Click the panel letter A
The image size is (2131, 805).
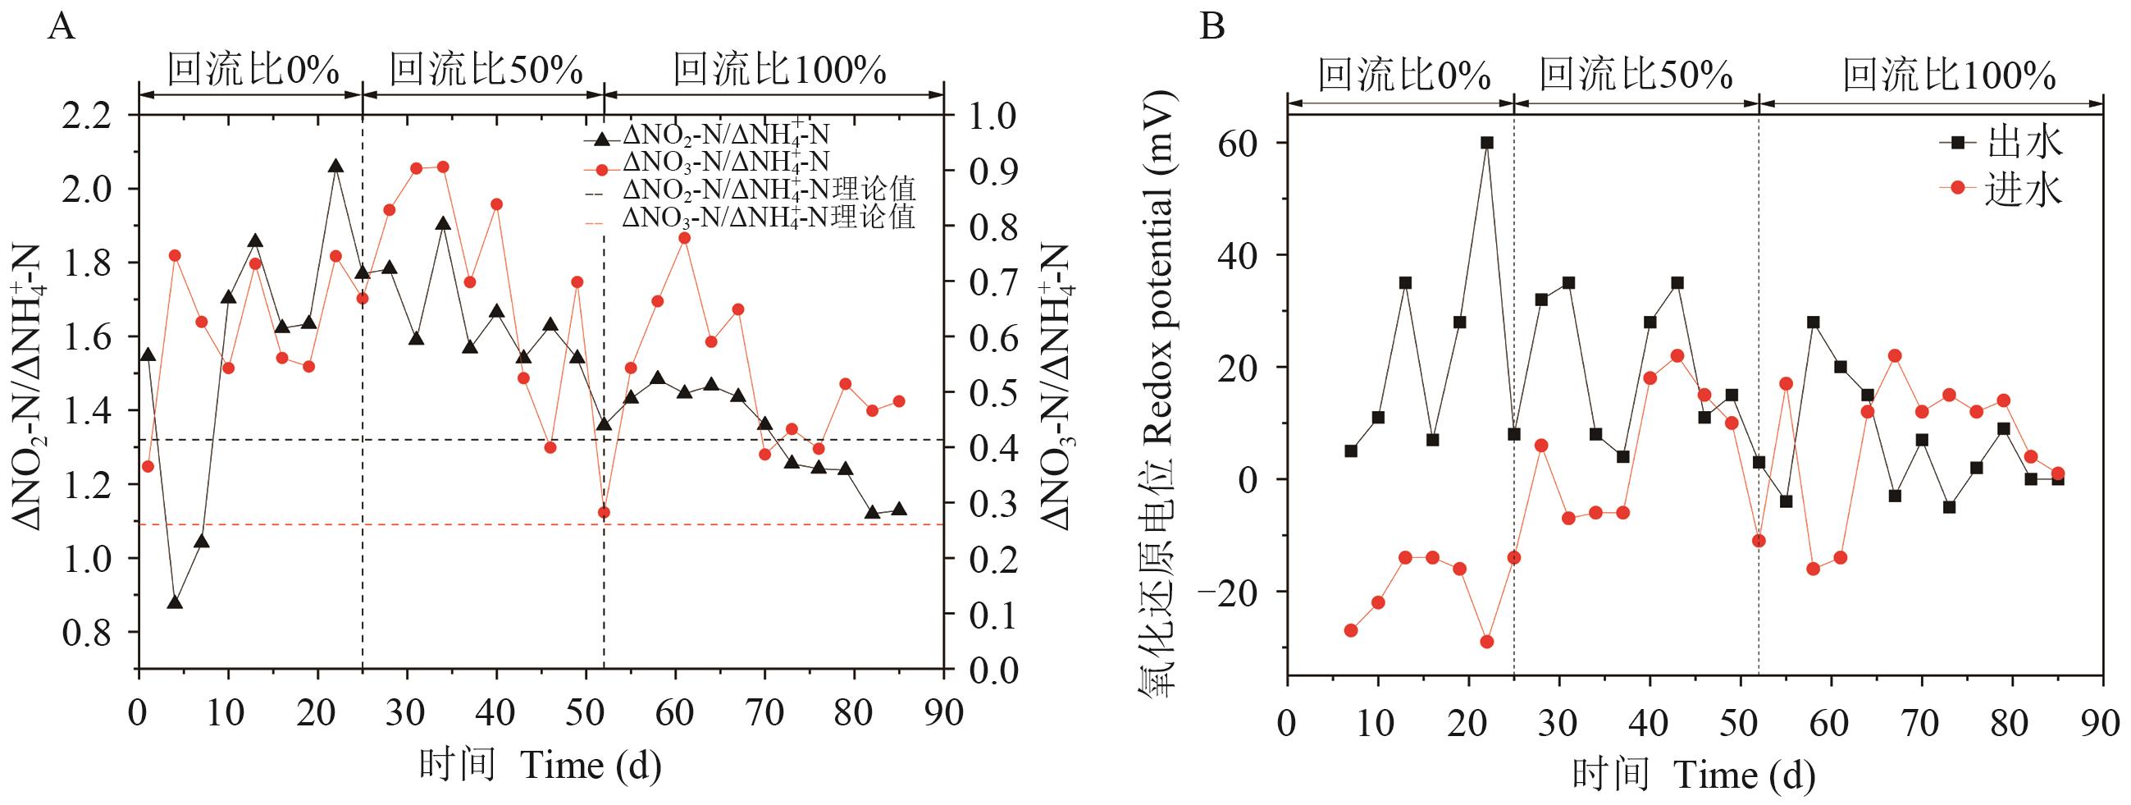pos(62,27)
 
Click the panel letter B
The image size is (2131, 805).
pos(1212,27)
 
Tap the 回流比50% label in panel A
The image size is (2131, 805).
pos(486,71)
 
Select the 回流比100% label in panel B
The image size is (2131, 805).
pos(1948,76)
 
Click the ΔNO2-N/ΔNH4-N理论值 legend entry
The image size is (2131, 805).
pos(769,190)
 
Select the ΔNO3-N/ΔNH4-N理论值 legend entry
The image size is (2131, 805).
pos(769,218)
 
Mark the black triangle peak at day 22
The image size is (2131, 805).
pos(335,167)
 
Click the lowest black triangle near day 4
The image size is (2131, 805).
pos(175,602)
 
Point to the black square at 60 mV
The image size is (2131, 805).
pos(1486,142)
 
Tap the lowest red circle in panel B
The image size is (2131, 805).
pos(1486,641)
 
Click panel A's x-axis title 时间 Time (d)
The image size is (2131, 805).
pos(540,766)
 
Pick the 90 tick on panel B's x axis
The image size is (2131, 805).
pos(2102,725)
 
